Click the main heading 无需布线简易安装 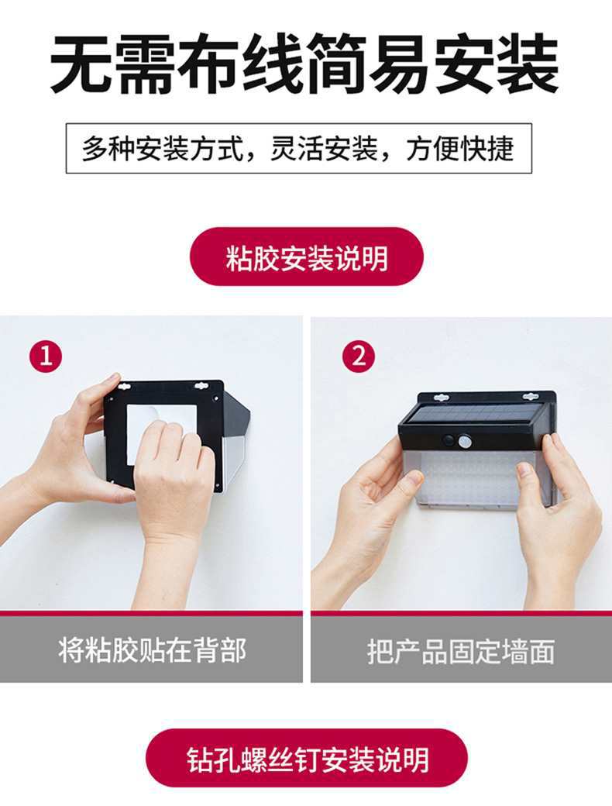pos(304,64)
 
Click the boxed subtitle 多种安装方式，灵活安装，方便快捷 pos(298,148)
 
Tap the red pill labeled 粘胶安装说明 pos(307,257)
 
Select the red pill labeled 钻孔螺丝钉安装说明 pos(307,758)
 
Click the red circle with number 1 pos(46,355)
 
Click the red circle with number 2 pos(359,355)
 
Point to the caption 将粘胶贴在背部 pos(153,650)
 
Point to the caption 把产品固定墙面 pos(461,651)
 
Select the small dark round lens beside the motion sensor pos(449,440)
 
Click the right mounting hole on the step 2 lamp pos(531,397)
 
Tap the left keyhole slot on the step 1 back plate pos(124,385)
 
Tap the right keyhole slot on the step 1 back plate pos(199,385)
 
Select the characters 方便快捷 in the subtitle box pos(460,149)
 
